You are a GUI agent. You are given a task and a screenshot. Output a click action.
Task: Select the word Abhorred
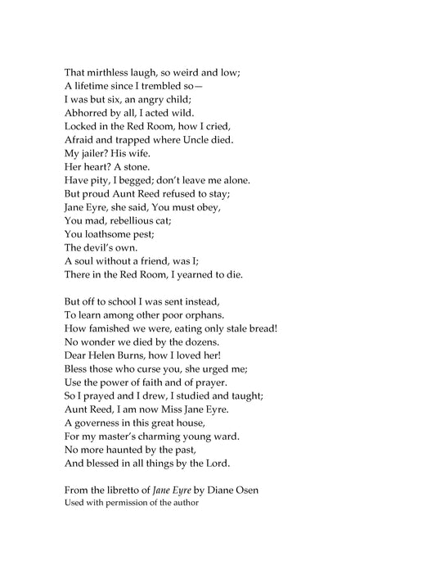[88, 113]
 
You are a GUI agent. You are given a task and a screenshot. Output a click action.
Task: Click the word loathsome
[110, 233]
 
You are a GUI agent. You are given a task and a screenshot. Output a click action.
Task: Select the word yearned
[199, 273]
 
